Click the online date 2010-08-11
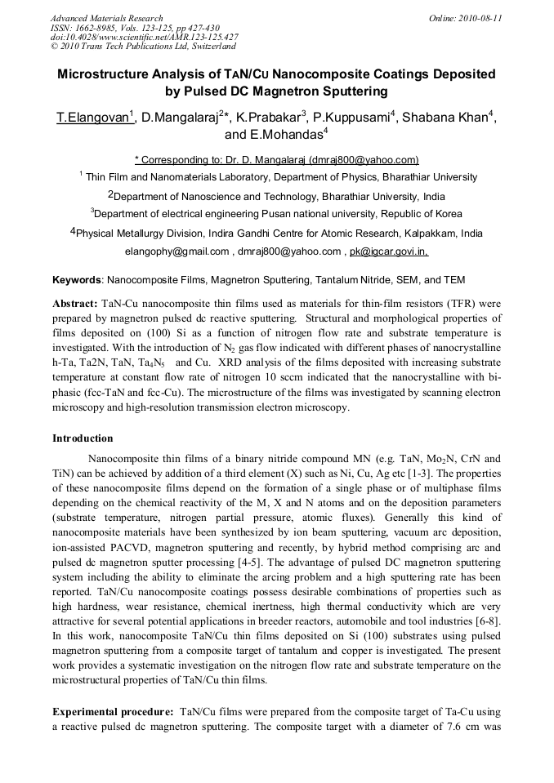click(x=477, y=18)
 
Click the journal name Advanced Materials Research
click(x=106, y=18)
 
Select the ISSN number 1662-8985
click(x=100, y=28)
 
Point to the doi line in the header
click(x=144, y=38)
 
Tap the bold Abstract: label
click(x=76, y=303)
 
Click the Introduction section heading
click(x=83, y=438)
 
